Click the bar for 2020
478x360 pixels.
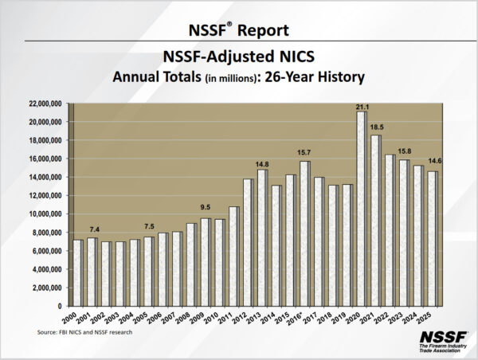(361, 209)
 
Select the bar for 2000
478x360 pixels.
(77, 272)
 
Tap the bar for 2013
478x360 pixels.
(261, 237)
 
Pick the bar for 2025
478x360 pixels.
(432, 238)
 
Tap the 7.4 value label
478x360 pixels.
(92, 229)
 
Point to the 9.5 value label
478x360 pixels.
(206, 209)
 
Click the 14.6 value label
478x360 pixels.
(435, 162)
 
